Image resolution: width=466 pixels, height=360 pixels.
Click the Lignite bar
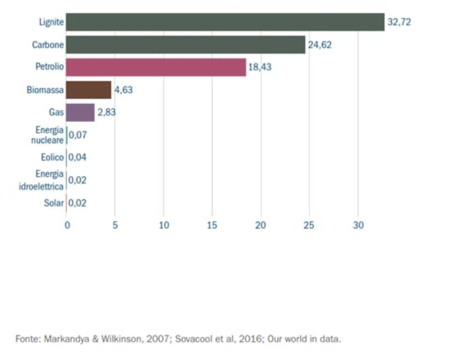pyautogui.click(x=225, y=22)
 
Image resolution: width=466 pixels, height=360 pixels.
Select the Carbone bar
pyautogui.click(x=186, y=45)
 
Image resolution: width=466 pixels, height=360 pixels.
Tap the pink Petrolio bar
pyautogui.click(x=156, y=67)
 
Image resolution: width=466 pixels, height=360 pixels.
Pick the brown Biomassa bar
pyautogui.click(x=89, y=90)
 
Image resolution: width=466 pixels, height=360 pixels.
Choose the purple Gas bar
pyautogui.click(x=80, y=112)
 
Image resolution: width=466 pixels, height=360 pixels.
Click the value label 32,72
pyautogui.click(x=399, y=22)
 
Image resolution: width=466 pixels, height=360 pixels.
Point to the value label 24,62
pyautogui.click(x=320, y=45)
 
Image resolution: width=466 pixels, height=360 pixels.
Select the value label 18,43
pyautogui.click(x=260, y=67)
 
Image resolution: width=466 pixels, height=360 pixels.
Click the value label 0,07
pyautogui.click(x=77, y=135)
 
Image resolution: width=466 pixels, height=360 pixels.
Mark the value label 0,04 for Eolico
pyautogui.click(x=77, y=157)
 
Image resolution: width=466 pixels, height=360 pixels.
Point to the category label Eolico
pyautogui.click(x=52, y=157)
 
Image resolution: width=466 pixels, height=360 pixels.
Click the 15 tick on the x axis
pyautogui.click(x=212, y=225)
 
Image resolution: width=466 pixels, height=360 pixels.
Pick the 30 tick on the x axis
pyautogui.click(x=358, y=225)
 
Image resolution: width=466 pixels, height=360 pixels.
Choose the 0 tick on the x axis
pyautogui.click(x=67, y=225)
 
